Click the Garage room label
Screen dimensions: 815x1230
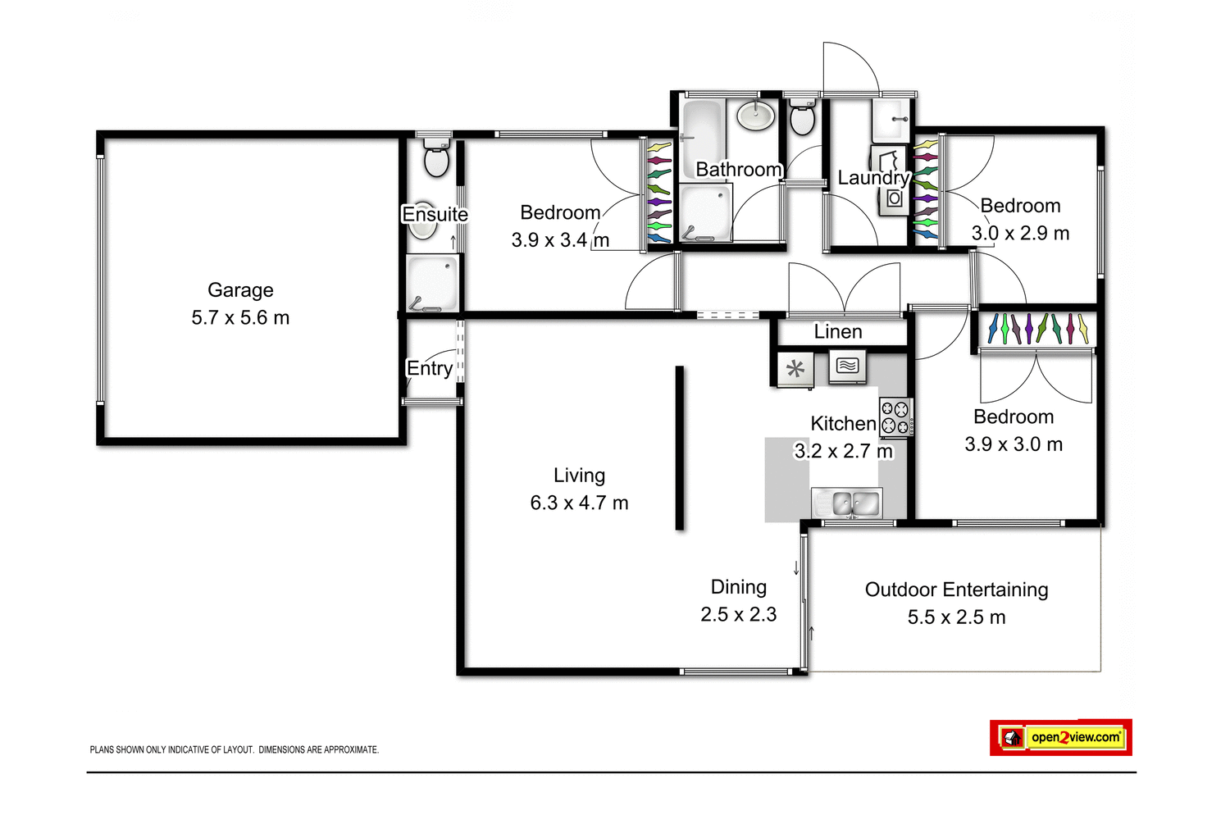[x=240, y=290]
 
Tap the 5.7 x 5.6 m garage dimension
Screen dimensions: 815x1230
[x=240, y=318]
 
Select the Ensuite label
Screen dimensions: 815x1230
[x=435, y=215]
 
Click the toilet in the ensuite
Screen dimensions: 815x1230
[x=437, y=158]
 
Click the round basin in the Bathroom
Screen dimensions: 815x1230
[x=755, y=116]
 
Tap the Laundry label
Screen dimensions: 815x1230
[x=873, y=178]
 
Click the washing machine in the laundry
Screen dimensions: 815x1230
[x=894, y=198]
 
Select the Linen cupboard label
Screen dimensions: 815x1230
[x=837, y=332]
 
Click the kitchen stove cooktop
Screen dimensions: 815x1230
[x=895, y=417]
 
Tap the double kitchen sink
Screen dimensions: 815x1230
[x=846, y=503]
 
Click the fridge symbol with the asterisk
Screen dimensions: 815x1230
[x=795, y=369]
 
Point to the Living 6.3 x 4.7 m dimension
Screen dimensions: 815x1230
[x=579, y=503]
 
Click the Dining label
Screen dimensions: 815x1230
[x=738, y=587]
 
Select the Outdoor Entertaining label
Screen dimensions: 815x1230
[x=956, y=590]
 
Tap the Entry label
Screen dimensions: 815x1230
[x=430, y=369]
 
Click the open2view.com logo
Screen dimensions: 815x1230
[x=1061, y=737]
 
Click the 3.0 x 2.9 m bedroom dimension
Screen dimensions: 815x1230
[x=1020, y=234]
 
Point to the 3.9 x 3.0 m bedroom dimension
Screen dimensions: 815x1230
[x=1014, y=444]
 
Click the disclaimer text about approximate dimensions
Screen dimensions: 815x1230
[x=235, y=749]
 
